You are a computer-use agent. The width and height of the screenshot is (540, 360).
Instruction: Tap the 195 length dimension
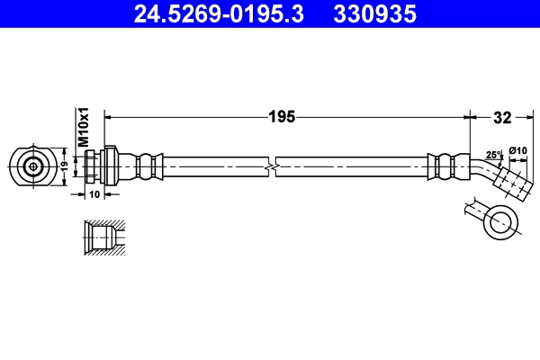click(x=283, y=116)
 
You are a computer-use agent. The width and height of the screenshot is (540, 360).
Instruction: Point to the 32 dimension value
click(x=503, y=116)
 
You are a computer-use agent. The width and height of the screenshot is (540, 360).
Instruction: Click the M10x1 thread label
click(x=82, y=127)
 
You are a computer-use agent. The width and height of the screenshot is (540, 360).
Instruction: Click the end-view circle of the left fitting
click(x=33, y=166)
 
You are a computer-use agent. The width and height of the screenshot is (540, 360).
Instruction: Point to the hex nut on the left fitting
click(x=93, y=166)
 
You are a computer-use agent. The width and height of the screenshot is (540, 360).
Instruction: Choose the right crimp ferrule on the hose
click(x=442, y=166)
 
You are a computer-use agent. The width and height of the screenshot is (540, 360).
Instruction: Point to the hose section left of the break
click(x=216, y=166)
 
